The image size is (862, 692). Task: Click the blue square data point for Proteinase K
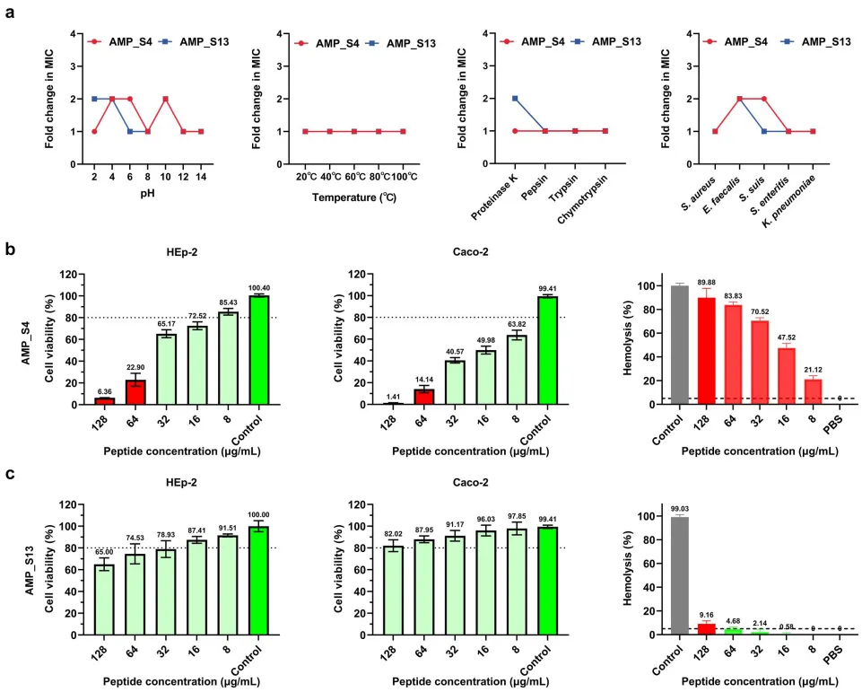click(516, 99)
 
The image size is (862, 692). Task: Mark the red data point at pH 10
click(166, 99)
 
